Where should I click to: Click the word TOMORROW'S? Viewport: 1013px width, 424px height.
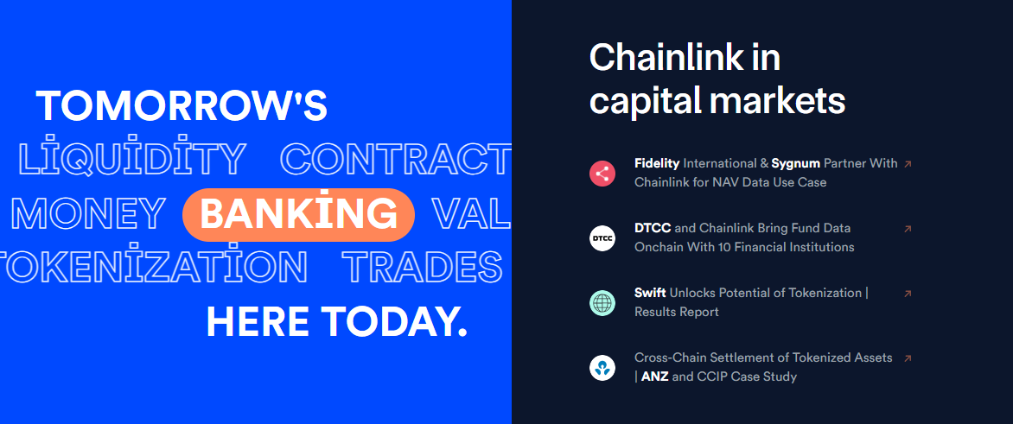click(x=182, y=106)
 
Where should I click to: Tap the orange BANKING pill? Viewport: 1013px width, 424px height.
click(x=298, y=214)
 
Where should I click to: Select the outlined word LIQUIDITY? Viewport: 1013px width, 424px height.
click(x=132, y=157)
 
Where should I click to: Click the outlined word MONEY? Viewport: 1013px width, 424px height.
click(x=88, y=214)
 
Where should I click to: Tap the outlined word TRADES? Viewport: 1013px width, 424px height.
click(x=423, y=267)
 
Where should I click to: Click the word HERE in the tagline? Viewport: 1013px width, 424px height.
click(x=258, y=322)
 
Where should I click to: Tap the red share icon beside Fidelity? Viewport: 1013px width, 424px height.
click(x=602, y=173)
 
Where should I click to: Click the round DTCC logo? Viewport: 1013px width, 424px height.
click(x=602, y=237)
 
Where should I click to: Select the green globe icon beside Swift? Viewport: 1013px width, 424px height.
click(x=602, y=303)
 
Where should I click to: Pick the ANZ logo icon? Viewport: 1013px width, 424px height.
click(x=602, y=368)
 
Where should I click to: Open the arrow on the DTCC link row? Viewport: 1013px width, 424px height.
click(x=908, y=229)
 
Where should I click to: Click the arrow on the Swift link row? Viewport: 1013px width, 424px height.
click(x=908, y=294)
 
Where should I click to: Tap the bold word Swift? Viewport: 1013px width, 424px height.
click(x=651, y=293)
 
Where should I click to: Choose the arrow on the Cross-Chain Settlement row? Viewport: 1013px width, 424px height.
click(x=908, y=358)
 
